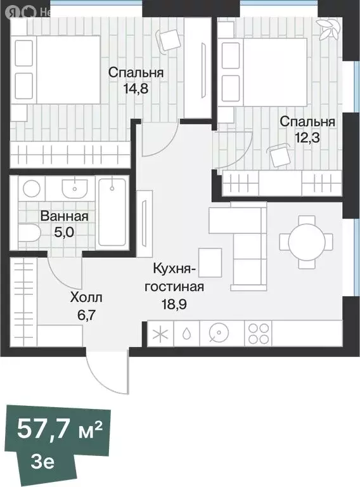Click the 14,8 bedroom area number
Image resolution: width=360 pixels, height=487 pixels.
coord(135,89)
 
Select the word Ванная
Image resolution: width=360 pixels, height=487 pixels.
coord(64,216)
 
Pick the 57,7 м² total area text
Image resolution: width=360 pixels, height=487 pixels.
coord(60,429)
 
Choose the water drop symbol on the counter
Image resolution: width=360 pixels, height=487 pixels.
coord(186,334)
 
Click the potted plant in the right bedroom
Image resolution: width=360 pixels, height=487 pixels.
coord(329,29)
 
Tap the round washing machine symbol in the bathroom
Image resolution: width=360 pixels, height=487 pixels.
coord(30,188)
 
